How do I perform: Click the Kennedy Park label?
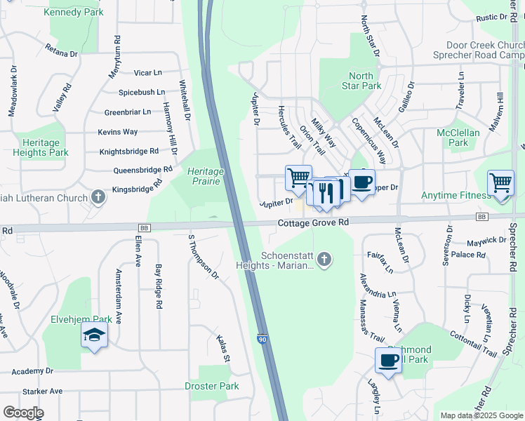pos(73,12)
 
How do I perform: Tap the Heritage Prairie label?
pos(205,176)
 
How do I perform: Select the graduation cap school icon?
pos(94,336)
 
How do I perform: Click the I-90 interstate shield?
pos(262,338)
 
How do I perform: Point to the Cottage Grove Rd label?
pos(313,222)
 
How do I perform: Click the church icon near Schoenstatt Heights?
pos(324,260)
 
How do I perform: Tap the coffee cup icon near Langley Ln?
pos(388,361)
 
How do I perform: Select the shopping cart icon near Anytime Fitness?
pos(500,183)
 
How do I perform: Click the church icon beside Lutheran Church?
pos(98,196)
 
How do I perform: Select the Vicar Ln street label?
pos(147,72)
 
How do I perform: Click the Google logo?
pos(23,413)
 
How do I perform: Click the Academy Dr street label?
pos(27,371)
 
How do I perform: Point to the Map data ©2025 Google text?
pos(481,415)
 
